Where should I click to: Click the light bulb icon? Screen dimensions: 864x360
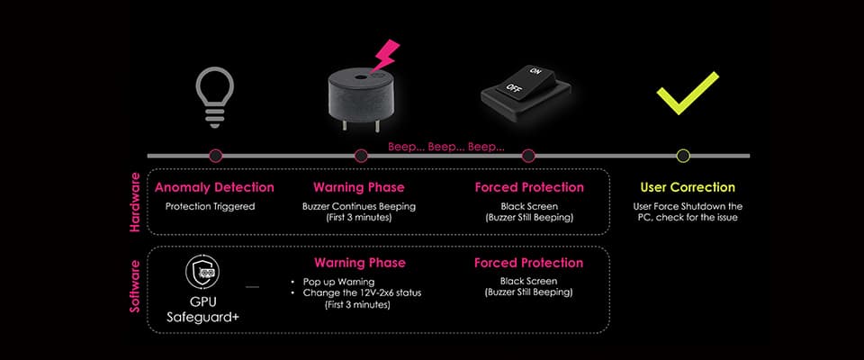(x=215, y=97)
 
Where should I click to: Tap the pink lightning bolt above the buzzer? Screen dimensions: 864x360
(x=384, y=55)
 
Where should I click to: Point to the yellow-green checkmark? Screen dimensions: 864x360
(x=688, y=93)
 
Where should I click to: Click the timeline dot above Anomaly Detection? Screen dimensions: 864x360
(x=216, y=156)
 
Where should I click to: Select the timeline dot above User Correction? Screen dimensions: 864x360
(x=683, y=156)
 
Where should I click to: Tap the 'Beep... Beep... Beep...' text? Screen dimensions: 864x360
(x=446, y=148)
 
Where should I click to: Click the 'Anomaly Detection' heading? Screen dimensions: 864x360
(x=214, y=187)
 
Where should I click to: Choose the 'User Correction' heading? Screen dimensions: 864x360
(x=688, y=187)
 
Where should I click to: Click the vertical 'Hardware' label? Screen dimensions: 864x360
(x=135, y=202)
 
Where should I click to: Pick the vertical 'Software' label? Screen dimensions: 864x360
(x=135, y=287)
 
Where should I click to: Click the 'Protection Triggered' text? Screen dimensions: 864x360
(x=211, y=207)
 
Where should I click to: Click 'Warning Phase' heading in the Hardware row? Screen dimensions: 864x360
(x=359, y=187)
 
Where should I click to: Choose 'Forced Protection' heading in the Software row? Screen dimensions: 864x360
(x=528, y=263)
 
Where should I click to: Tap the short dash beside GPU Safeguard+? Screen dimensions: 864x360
(x=252, y=287)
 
